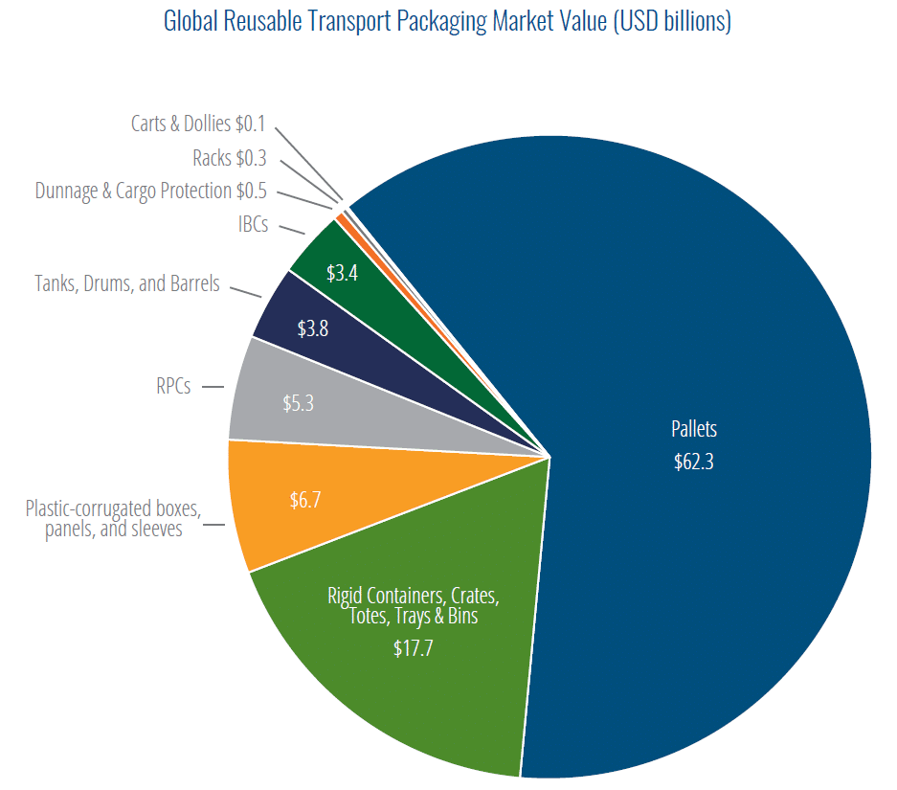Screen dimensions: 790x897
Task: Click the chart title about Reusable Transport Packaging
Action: click(447, 21)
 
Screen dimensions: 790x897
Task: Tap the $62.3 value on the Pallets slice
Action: click(694, 462)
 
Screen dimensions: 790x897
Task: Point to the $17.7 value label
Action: click(413, 648)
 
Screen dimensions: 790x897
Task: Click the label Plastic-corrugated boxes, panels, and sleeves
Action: click(114, 518)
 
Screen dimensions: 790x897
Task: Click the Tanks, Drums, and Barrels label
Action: click(127, 283)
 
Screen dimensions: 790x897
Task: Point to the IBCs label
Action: click(253, 225)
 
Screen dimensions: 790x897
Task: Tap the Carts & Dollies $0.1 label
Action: click(198, 124)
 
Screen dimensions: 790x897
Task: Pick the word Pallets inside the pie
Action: click(694, 429)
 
